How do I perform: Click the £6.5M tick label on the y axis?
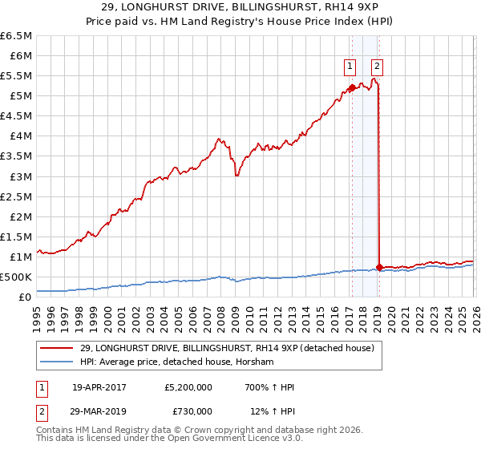click(16, 36)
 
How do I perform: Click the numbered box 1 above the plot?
click(351, 67)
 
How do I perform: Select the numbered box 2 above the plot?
click(377, 67)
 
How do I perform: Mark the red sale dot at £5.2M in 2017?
click(351, 88)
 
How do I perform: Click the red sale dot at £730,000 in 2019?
click(378, 267)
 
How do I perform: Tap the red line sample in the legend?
click(57, 347)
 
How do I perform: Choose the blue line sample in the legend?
click(57, 362)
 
